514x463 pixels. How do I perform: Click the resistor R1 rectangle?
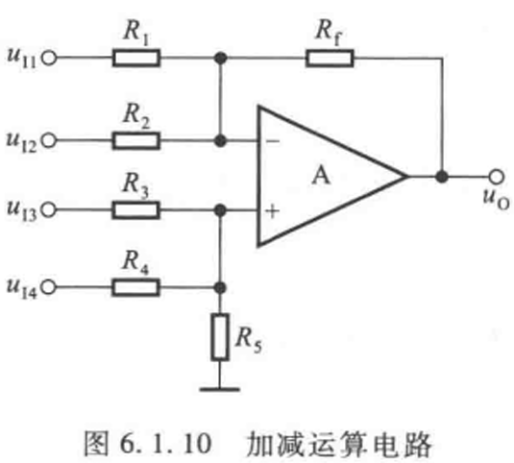click(136, 59)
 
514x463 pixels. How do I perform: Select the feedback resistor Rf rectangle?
click(330, 59)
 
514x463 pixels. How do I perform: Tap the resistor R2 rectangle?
click(136, 141)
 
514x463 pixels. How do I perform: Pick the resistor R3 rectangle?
click(136, 210)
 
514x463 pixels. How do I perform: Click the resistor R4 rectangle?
click(136, 288)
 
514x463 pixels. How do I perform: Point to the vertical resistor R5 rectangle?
click(220, 337)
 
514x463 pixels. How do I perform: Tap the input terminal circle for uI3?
click(49, 210)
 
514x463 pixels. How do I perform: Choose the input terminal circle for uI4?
click(49, 288)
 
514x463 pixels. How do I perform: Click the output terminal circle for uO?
click(497, 177)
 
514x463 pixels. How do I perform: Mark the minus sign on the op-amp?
click(273, 141)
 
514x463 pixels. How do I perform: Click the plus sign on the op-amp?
click(273, 211)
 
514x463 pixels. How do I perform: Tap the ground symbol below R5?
click(220, 390)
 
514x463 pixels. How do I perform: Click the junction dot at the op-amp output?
click(442, 177)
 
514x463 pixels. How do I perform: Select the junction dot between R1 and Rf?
click(221, 59)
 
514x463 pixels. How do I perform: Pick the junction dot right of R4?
click(220, 288)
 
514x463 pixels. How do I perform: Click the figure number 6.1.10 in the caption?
click(166, 444)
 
